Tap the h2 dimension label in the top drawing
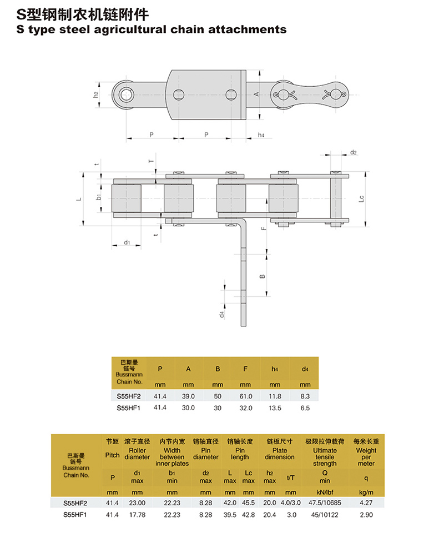pyautogui.click(x=96, y=95)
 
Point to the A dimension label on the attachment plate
pyautogui.click(x=256, y=94)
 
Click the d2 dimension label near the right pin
pyautogui.click(x=354, y=152)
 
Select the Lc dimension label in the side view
pyautogui.click(x=361, y=198)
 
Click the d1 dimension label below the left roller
pyautogui.click(x=127, y=242)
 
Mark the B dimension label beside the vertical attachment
pyautogui.click(x=263, y=277)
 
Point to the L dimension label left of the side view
pyautogui.click(x=79, y=199)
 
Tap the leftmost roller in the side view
pyautogui.click(x=127, y=198)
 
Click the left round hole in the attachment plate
pyautogui.click(x=179, y=95)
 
